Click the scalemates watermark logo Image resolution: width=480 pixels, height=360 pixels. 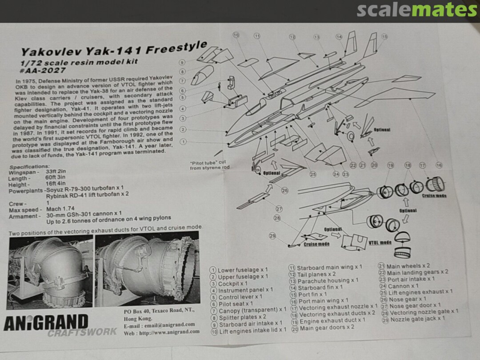[x=416, y=10]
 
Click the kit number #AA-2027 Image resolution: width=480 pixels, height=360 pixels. [x=43, y=70]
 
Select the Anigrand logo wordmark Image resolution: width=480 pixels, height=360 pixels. [x=46, y=323]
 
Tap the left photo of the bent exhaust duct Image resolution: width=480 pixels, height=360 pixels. [x=50, y=272]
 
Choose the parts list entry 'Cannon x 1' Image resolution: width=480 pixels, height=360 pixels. [x=399, y=286]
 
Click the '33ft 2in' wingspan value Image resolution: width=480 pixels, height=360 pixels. [x=56, y=172]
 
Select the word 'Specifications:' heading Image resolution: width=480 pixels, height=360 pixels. [x=29, y=167]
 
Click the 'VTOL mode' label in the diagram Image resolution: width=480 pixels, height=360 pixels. [x=380, y=243]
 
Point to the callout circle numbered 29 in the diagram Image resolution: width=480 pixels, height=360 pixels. [x=272, y=236]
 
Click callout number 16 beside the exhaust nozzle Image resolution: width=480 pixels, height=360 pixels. [x=439, y=165]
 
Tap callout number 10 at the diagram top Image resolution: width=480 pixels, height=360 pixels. [x=236, y=35]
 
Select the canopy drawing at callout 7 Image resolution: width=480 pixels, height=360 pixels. [x=202, y=75]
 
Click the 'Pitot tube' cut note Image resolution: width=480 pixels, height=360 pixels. [x=209, y=165]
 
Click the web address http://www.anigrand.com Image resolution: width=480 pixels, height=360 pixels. [x=169, y=332]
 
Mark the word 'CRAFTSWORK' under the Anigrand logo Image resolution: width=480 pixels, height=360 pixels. [x=82, y=332]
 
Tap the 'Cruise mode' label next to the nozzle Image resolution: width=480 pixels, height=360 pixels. [x=434, y=196]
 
